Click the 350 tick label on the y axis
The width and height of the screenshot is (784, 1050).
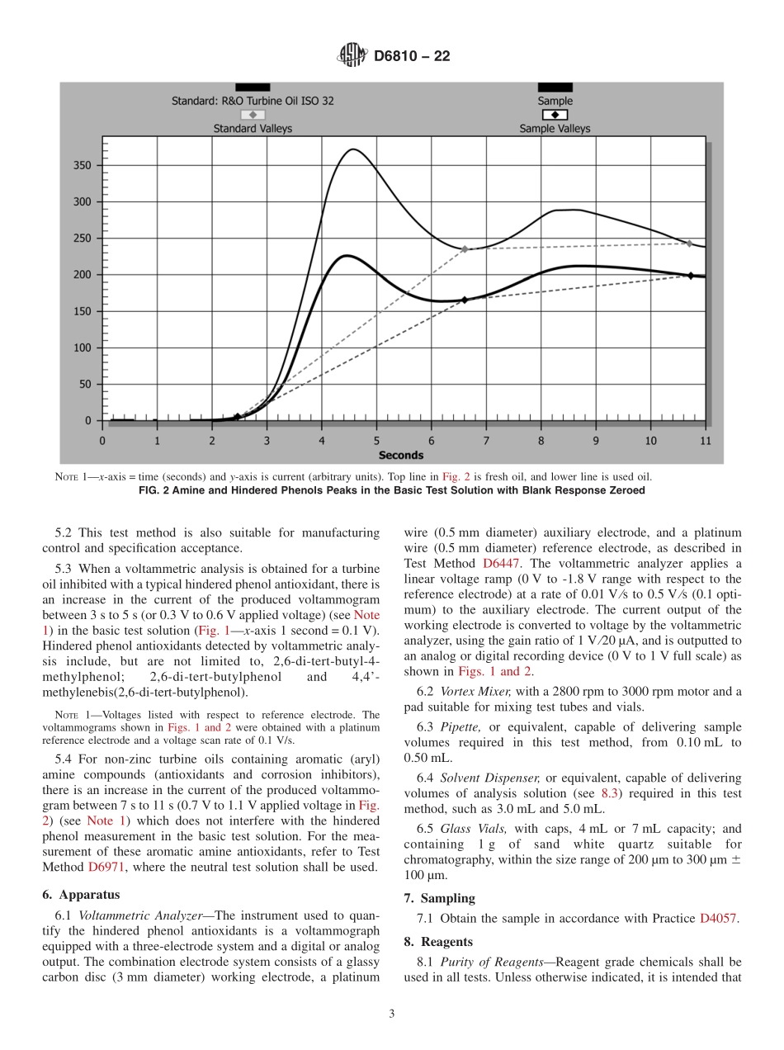pos(82,165)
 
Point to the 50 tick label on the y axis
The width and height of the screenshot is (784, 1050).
pos(85,384)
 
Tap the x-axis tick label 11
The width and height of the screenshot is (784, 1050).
pos(706,441)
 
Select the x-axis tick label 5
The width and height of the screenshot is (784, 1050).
pos(376,441)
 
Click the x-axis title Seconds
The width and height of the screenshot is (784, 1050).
pos(401,455)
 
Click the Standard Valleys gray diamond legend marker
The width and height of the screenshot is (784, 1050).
pos(253,115)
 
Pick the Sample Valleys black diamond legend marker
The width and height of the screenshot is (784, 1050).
pos(555,115)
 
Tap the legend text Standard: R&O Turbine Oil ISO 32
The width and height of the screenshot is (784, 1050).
pos(253,101)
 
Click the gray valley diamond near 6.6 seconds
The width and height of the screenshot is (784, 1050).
pos(465,248)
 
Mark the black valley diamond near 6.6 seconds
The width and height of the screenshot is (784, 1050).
pos(465,300)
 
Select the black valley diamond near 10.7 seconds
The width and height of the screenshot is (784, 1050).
pos(691,275)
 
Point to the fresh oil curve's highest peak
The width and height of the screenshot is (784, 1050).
pos(353,149)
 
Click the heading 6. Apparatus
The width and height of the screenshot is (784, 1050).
pos(81,894)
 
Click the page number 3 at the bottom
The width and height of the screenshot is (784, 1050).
pos(392,1014)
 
